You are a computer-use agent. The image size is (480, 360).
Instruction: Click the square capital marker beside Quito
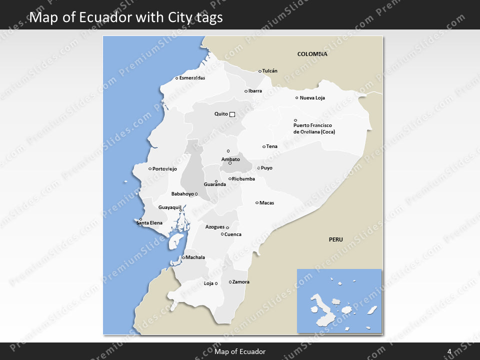[232, 114]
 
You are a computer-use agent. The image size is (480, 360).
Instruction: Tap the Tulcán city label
[270, 71]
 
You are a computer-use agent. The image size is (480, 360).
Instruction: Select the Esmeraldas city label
[192, 78]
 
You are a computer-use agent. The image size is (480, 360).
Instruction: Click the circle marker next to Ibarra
[245, 91]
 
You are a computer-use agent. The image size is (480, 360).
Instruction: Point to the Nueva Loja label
[312, 98]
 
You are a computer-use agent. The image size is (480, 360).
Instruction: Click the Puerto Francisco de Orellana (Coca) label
[314, 128]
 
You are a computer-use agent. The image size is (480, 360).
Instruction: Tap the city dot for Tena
[264, 146]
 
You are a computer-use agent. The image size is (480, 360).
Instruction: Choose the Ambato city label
[230, 159]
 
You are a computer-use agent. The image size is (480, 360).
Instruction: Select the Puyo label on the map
[267, 168]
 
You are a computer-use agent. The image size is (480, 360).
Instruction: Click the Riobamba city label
[243, 179]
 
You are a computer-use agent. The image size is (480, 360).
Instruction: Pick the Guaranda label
[215, 184]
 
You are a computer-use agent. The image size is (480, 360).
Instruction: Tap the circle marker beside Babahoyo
[196, 194]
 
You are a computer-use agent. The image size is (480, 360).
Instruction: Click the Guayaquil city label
[169, 207]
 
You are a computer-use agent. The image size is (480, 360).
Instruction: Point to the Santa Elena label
[149, 222]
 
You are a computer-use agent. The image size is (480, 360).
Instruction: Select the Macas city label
[267, 203]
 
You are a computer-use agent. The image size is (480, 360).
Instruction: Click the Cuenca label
[233, 234]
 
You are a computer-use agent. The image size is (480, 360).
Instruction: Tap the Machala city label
[195, 257]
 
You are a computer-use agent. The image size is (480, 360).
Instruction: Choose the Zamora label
[241, 282]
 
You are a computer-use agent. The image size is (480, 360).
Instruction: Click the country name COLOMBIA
[312, 54]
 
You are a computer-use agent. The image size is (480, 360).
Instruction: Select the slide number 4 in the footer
[449, 351]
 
